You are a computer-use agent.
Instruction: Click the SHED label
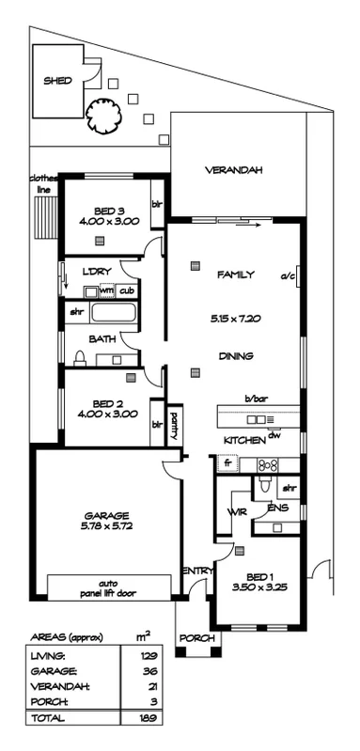(57, 82)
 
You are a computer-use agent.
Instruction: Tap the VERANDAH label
(233, 170)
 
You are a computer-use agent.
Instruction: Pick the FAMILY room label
(235, 274)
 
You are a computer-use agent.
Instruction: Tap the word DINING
(235, 356)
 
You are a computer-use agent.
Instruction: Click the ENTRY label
(197, 571)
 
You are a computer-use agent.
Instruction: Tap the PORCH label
(196, 638)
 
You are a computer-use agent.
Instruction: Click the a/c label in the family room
(288, 276)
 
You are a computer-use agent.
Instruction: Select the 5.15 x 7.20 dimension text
(237, 319)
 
